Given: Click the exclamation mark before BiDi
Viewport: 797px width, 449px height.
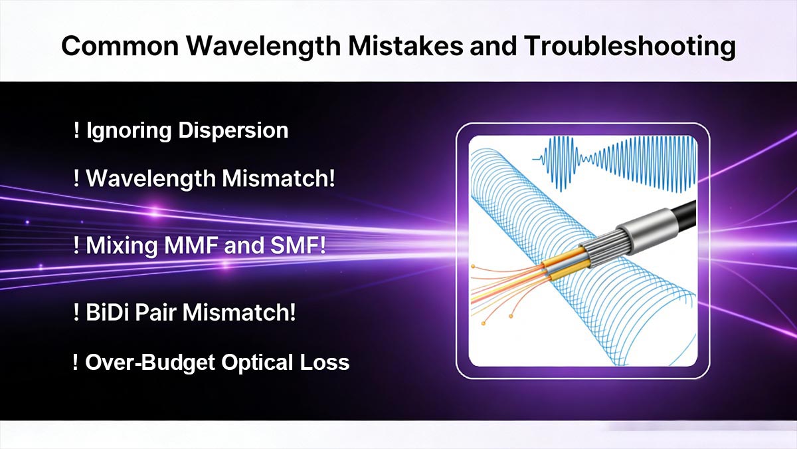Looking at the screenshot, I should click(77, 313).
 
